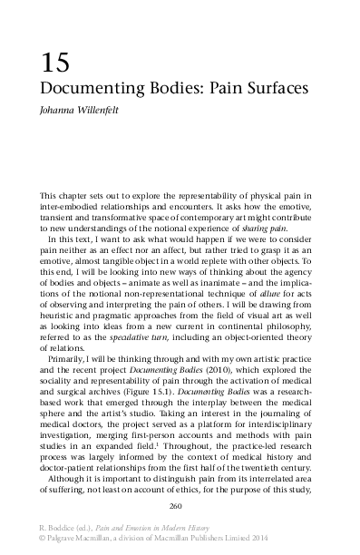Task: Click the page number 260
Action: [179, 505]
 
